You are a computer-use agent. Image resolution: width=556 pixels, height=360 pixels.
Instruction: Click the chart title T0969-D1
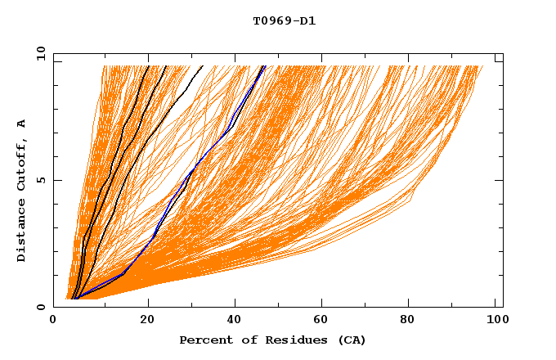pyautogui.click(x=284, y=20)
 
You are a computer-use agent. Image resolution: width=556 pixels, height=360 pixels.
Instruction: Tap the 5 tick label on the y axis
pyautogui.click(x=40, y=180)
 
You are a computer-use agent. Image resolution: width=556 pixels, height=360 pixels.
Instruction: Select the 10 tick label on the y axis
pyautogui.click(x=38, y=53)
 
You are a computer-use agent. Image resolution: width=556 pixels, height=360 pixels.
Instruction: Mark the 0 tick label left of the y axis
pyautogui.click(x=40, y=307)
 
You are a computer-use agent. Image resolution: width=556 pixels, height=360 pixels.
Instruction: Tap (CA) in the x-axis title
pyautogui.click(x=349, y=340)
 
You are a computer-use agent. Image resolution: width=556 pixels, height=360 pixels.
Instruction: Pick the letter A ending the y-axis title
pyautogui.click(x=22, y=124)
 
